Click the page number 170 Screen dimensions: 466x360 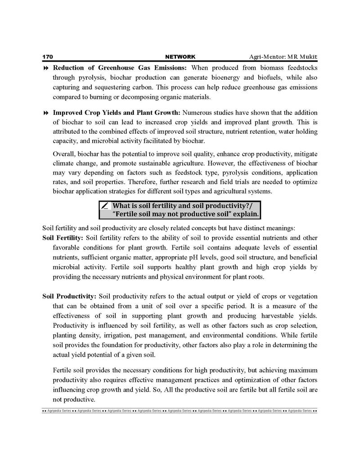[48, 57]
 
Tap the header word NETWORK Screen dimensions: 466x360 [180, 57]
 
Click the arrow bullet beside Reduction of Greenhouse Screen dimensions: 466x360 [45, 68]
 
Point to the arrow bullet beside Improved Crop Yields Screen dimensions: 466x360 [45, 113]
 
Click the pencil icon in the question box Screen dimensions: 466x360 [105, 206]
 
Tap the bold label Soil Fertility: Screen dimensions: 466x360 [63, 238]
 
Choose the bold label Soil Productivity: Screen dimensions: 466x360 [69, 296]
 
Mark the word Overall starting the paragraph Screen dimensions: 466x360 [65, 153]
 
